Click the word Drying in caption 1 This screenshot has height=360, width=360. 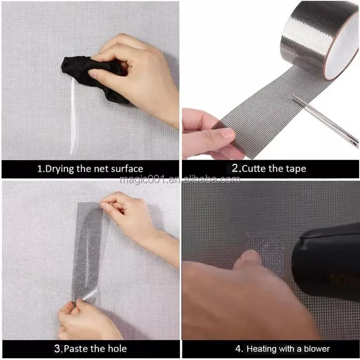point(59,169)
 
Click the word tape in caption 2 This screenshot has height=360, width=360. point(294,169)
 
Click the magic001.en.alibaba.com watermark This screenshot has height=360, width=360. point(180,180)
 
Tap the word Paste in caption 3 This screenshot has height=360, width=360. point(78,349)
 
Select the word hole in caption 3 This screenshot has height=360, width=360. point(116,349)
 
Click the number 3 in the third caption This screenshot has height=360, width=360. point(57,349)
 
